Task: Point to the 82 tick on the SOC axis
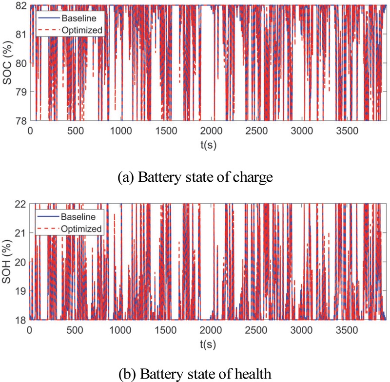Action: [x=21, y=5]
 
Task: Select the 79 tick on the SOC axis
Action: [x=21, y=92]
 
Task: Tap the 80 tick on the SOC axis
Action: [x=21, y=63]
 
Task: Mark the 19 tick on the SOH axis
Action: [x=21, y=290]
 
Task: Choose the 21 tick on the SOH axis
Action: [x=21, y=232]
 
